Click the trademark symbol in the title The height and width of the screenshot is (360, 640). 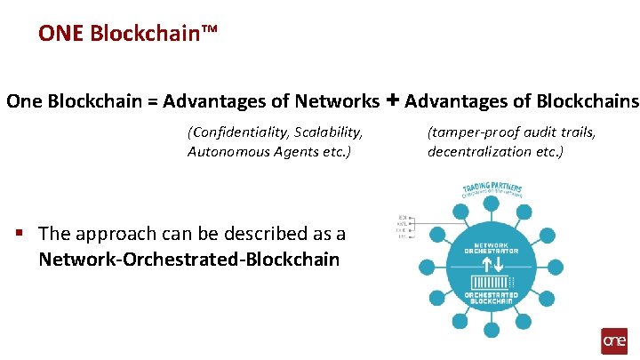tap(209, 32)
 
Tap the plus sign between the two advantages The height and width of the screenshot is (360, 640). tap(392, 100)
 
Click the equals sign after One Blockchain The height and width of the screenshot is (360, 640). tap(152, 102)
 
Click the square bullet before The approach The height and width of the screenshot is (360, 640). tap(19, 233)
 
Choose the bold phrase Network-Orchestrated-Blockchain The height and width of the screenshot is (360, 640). tap(188, 260)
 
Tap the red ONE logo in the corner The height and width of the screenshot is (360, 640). tap(614, 341)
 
